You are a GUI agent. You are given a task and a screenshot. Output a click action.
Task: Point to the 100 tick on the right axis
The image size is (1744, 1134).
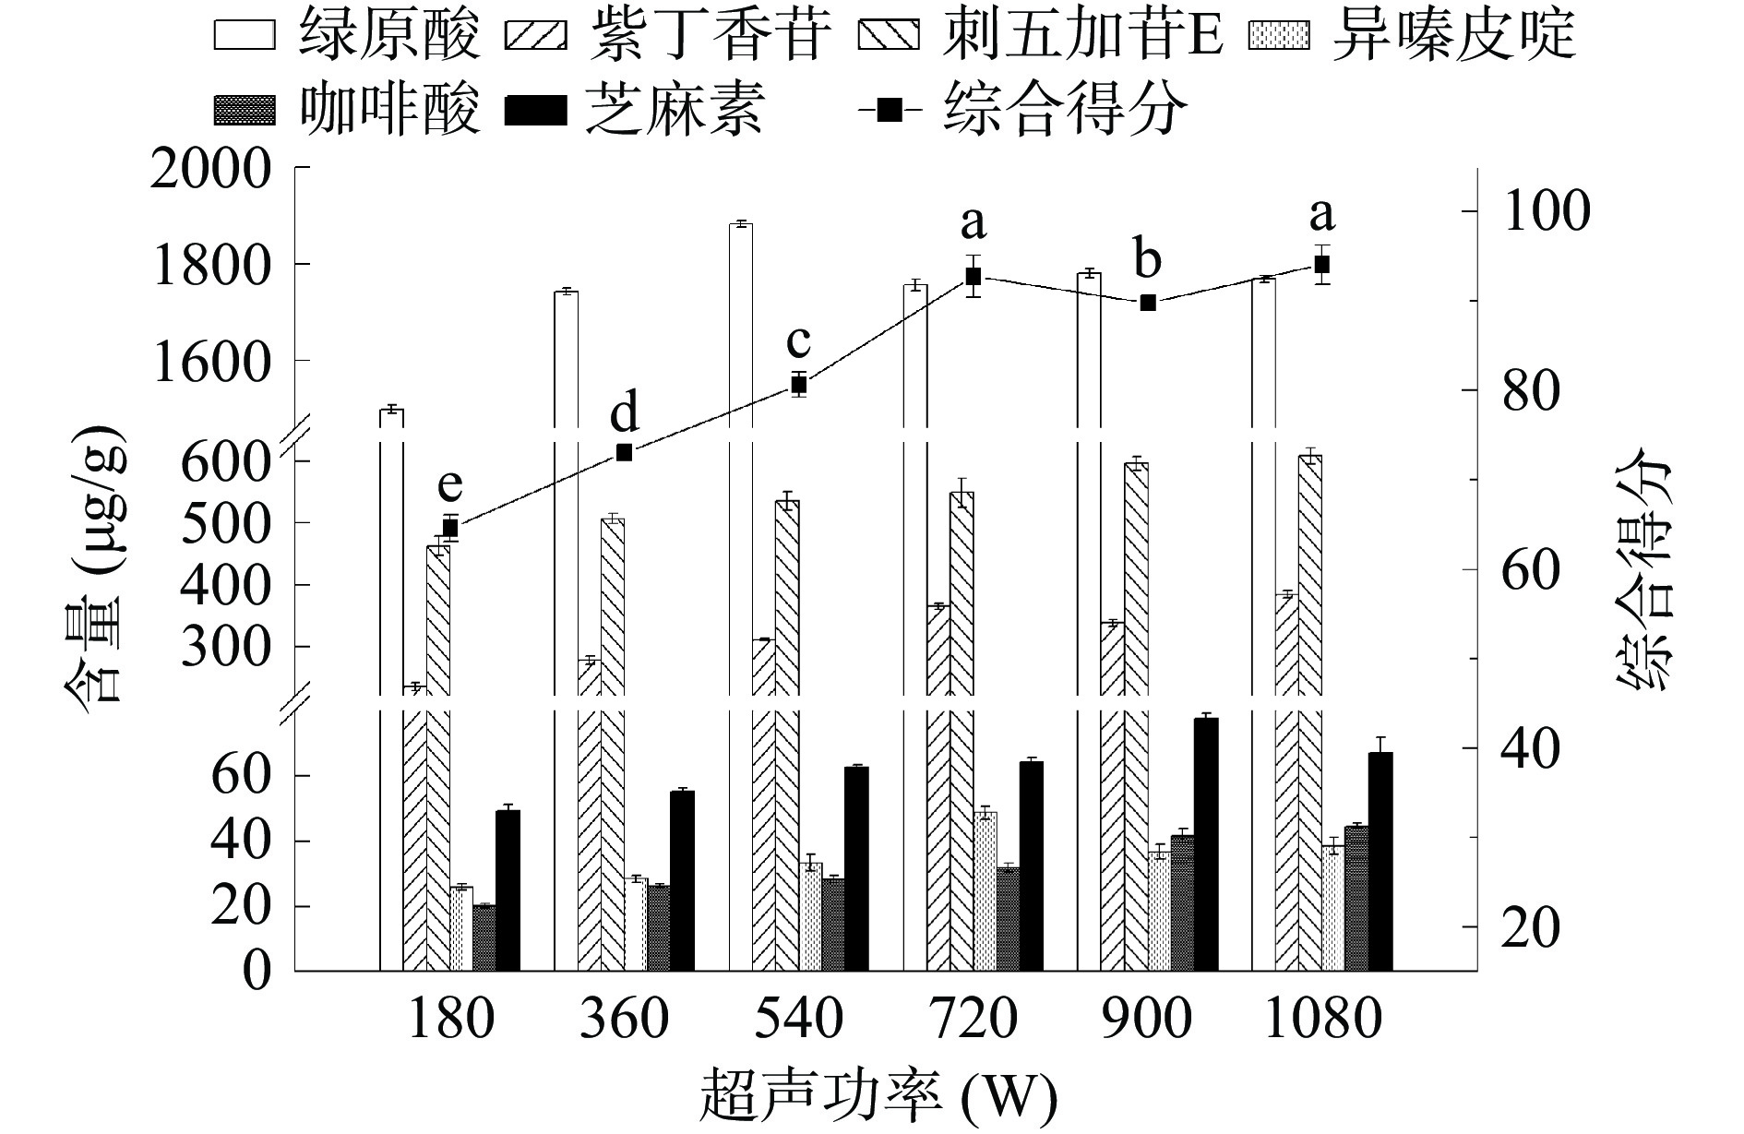(1547, 211)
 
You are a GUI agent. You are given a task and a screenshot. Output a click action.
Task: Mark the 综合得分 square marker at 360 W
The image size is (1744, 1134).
(624, 452)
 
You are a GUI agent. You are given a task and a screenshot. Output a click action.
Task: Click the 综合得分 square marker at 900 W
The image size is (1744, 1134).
(1148, 303)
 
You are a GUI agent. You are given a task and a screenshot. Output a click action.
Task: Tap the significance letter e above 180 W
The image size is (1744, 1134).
(449, 483)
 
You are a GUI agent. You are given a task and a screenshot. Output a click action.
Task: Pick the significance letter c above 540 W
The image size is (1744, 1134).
(798, 341)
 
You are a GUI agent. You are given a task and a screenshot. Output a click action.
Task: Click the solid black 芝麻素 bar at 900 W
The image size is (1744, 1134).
(1206, 844)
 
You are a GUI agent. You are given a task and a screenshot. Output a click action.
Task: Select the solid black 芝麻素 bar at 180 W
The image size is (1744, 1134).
(508, 890)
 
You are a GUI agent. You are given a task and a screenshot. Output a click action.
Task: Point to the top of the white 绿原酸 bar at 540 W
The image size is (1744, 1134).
(740, 224)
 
